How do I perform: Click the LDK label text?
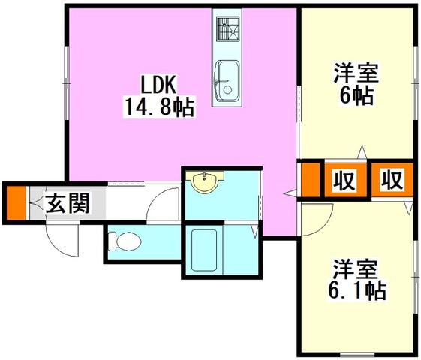click(x=158, y=85)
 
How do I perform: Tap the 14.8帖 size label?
click(x=160, y=107)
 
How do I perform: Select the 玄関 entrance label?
click(x=68, y=203)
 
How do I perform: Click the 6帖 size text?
click(x=356, y=96)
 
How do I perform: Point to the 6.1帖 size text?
click(x=356, y=290)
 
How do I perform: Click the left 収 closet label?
click(x=345, y=180)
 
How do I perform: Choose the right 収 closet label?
click(x=392, y=180)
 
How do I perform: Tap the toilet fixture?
click(x=125, y=241)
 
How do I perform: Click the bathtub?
click(x=204, y=250)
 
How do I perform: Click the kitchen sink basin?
click(x=227, y=81)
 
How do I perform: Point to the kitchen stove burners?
click(x=227, y=29)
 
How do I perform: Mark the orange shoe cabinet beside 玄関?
click(x=16, y=203)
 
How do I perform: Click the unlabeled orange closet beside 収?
click(x=311, y=180)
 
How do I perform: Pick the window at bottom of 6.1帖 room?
click(x=357, y=355)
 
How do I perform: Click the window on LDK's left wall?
click(x=67, y=83)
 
